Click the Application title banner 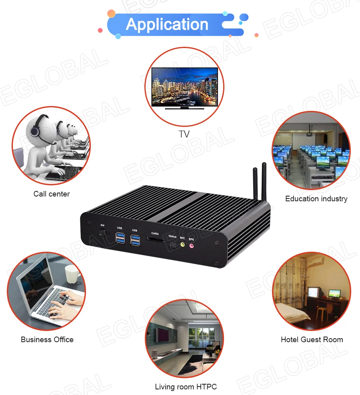(167, 24)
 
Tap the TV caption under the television (184, 134)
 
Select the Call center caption (52, 194)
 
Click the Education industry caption (316, 199)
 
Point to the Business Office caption (47, 340)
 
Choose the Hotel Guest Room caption (312, 340)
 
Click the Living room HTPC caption (186, 387)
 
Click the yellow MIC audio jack (182, 245)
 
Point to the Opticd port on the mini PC (172, 245)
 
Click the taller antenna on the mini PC (264, 182)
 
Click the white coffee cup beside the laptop (72, 274)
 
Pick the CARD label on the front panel (155, 234)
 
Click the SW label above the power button (102, 226)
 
